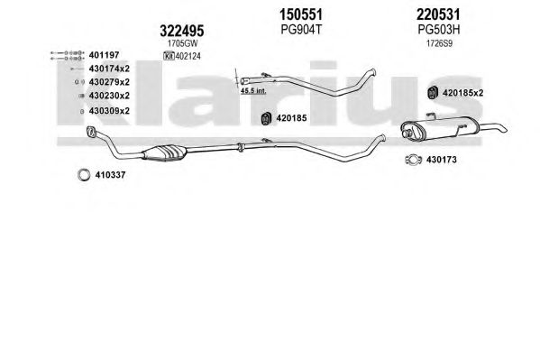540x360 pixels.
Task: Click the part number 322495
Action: point(181,31)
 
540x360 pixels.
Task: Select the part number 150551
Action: point(300,14)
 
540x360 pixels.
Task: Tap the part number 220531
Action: point(438,14)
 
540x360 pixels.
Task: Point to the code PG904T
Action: point(301,30)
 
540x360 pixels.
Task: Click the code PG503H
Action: point(439,30)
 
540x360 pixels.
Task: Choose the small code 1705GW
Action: point(182,44)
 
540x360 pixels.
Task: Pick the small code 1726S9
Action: point(439,44)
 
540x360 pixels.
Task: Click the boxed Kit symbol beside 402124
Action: point(169,56)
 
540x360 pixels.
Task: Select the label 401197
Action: point(104,55)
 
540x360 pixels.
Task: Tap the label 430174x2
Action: point(109,69)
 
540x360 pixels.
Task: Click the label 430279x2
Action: point(109,82)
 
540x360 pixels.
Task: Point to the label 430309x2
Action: point(109,111)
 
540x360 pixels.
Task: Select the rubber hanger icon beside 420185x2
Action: point(432,93)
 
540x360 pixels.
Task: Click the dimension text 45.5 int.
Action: point(253,91)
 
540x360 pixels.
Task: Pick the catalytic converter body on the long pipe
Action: point(165,152)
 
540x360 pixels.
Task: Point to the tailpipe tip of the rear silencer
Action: point(504,129)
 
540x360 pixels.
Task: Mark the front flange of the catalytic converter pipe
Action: point(91,131)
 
